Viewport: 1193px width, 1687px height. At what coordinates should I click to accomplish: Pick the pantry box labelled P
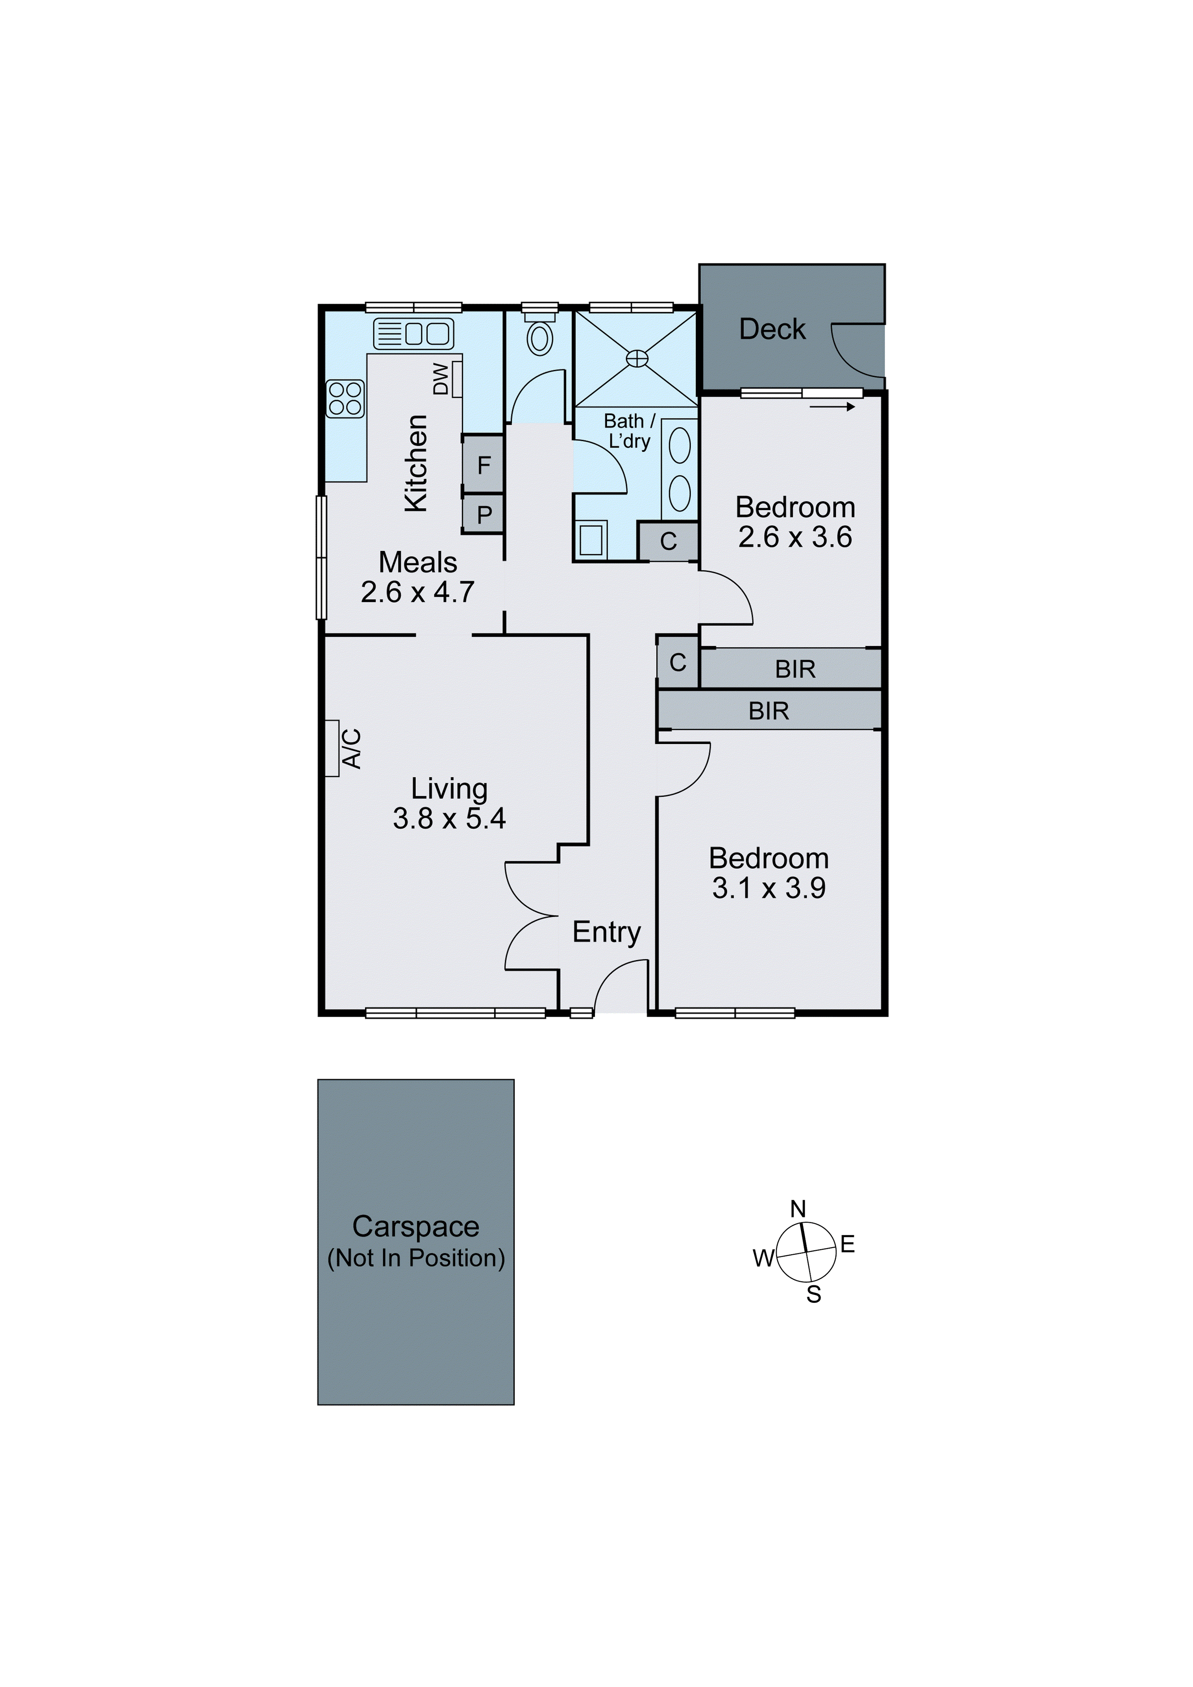tap(484, 514)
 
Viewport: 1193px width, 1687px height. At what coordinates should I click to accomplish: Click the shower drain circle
tap(637, 358)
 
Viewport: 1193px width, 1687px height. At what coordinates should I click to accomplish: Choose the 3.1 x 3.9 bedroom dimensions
tap(768, 888)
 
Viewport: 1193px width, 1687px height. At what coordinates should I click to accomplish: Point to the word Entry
tap(606, 932)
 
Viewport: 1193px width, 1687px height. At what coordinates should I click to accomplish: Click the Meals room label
tap(418, 562)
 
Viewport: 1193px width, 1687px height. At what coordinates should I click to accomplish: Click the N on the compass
tap(798, 1209)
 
